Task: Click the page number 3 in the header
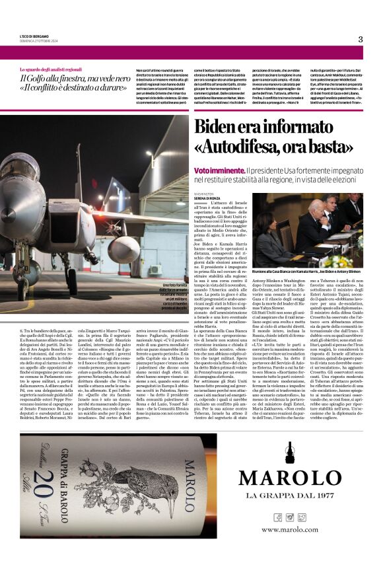pos(361,39)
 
